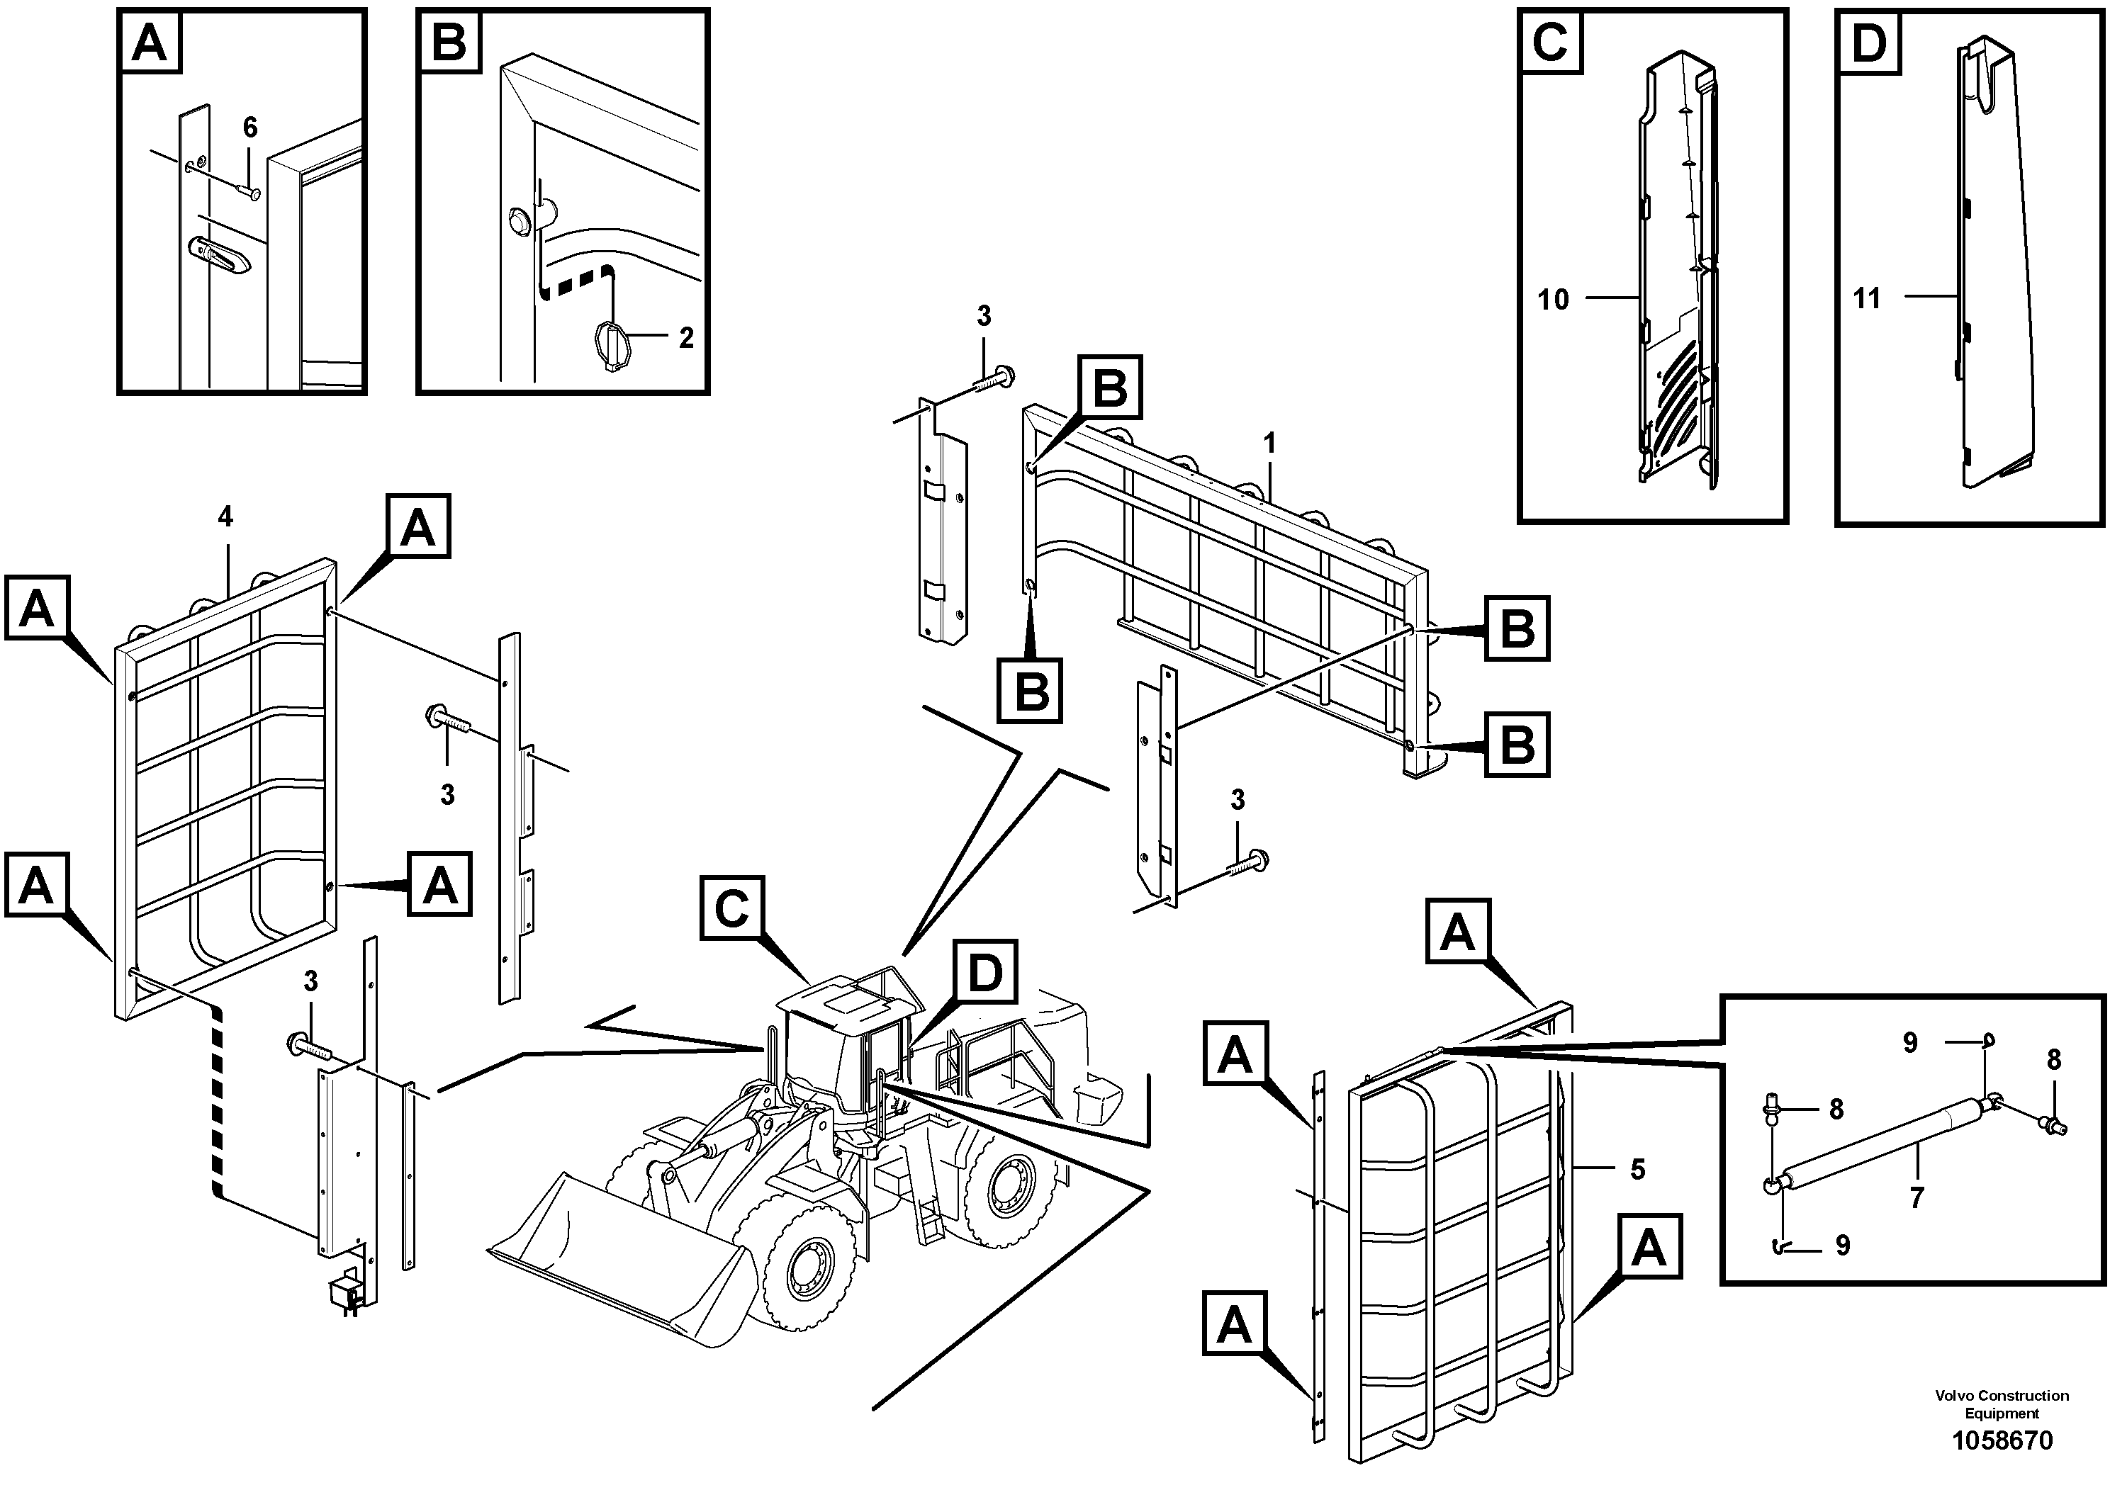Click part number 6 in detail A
(x=250, y=128)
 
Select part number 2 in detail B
(x=685, y=338)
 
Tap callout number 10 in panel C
(x=1553, y=300)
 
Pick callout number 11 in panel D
(x=1866, y=298)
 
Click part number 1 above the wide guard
(x=1269, y=444)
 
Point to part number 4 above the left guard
(x=225, y=517)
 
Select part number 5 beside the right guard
(x=1638, y=1170)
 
